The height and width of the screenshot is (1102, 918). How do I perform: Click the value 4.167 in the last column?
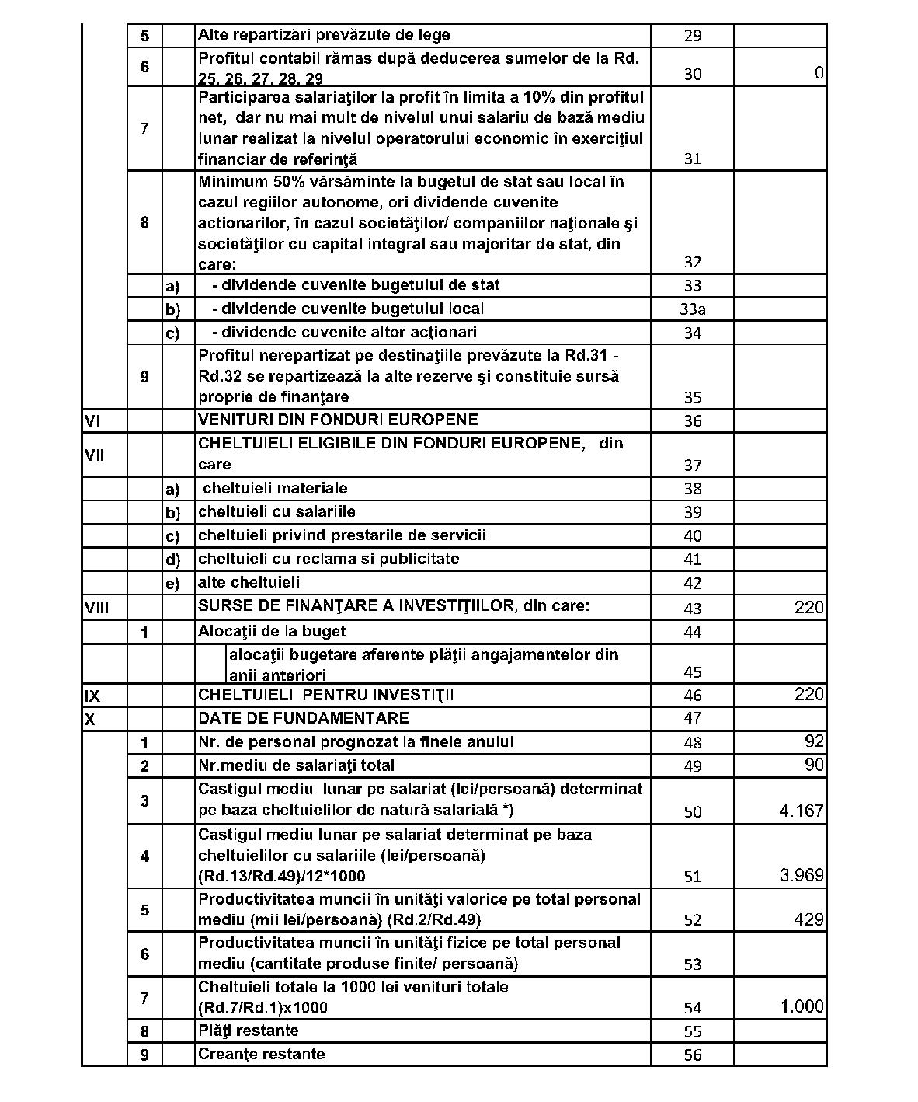(x=801, y=811)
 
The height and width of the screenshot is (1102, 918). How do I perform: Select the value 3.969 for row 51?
(x=801, y=875)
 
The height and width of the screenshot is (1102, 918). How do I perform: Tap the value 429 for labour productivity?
(x=808, y=919)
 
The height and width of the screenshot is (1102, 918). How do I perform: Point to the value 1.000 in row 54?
(x=802, y=1006)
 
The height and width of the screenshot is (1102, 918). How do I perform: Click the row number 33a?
(x=692, y=309)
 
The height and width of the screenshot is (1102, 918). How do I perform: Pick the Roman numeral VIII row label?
(x=96, y=607)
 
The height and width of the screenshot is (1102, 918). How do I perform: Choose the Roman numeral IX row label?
(x=91, y=695)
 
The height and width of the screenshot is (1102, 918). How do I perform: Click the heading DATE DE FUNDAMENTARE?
(x=303, y=717)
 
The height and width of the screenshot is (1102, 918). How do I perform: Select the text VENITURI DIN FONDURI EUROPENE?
(x=338, y=420)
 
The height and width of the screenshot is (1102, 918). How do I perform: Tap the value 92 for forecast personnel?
(x=814, y=741)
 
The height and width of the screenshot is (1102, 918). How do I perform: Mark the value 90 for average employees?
(x=814, y=765)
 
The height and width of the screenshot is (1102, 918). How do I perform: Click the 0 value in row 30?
(x=819, y=73)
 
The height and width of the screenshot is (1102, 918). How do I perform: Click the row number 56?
(x=692, y=1055)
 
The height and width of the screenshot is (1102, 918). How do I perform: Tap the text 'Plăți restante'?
(x=248, y=1031)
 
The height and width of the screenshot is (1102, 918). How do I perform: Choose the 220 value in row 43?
(x=808, y=607)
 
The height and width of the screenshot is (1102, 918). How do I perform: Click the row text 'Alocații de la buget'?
(x=272, y=631)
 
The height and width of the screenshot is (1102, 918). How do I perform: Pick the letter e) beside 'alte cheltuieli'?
(x=172, y=583)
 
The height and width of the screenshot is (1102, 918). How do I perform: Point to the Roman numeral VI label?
(x=91, y=420)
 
